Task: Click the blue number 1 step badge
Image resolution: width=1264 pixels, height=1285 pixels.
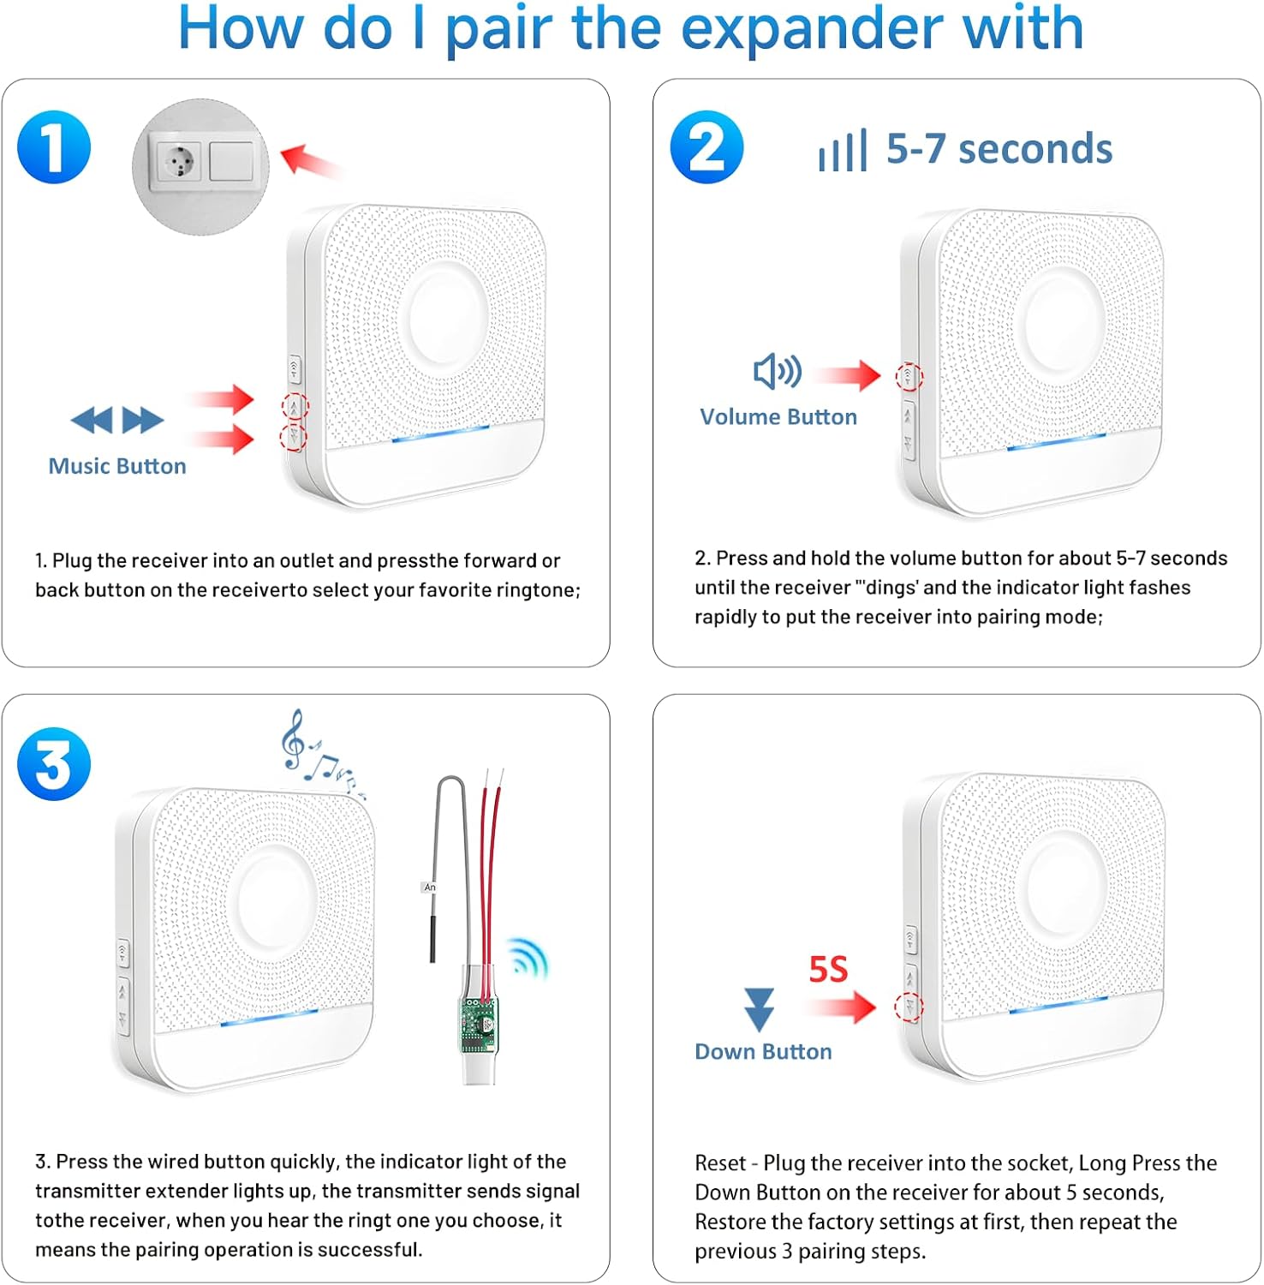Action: [x=54, y=147]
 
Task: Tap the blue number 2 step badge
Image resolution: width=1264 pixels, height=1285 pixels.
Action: [x=707, y=147]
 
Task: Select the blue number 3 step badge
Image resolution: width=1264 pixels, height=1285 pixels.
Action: [x=54, y=763]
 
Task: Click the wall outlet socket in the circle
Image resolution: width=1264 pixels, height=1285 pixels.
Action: [x=177, y=161]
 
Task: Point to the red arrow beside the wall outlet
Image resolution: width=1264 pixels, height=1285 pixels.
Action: [x=310, y=160]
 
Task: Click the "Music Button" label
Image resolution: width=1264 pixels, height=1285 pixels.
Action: [x=117, y=466]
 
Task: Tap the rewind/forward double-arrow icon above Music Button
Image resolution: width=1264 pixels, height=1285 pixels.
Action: [x=117, y=420]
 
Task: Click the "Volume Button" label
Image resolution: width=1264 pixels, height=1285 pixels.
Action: [x=778, y=416]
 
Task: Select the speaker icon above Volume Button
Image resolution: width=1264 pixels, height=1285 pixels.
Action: [x=777, y=371]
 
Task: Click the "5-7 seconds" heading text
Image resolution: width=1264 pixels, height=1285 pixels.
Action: [x=999, y=149]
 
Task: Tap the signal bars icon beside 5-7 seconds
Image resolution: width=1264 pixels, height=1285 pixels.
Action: [x=843, y=151]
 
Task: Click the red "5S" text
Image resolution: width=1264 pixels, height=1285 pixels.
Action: [x=828, y=969]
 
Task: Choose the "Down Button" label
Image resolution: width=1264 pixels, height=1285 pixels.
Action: [x=763, y=1051]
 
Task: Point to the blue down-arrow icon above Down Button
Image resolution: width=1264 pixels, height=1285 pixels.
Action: [x=759, y=1009]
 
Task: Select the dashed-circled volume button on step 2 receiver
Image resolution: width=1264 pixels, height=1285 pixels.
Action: [x=909, y=376]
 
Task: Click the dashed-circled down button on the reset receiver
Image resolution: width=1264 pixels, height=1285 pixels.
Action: [x=909, y=1007]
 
